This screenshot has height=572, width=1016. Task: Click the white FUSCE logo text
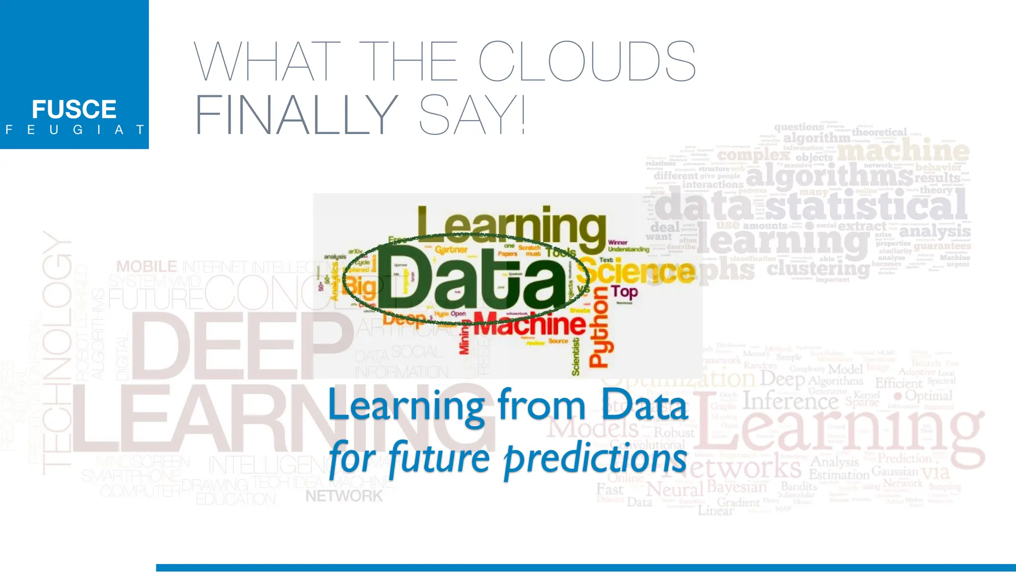click(x=74, y=109)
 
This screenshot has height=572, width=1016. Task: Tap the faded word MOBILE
click(x=146, y=267)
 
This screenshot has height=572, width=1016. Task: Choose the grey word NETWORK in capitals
click(x=344, y=496)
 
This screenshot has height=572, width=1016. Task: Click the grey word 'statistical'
click(x=866, y=206)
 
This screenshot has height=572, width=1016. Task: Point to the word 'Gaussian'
click(x=895, y=471)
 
